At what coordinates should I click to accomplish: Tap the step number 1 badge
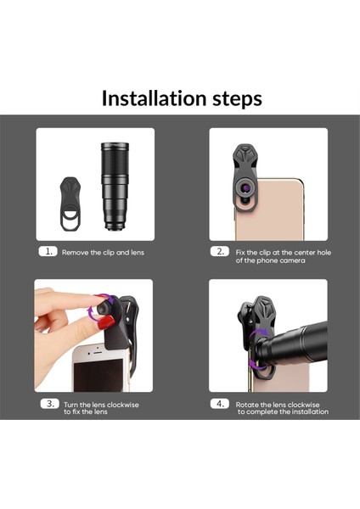pyautogui.click(x=48, y=253)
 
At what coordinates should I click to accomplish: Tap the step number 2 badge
pyautogui.click(x=220, y=253)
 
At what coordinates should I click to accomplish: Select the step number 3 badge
pyautogui.click(x=48, y=405)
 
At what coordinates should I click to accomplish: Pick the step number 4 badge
pyautogui.click(x=220, y=405)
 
